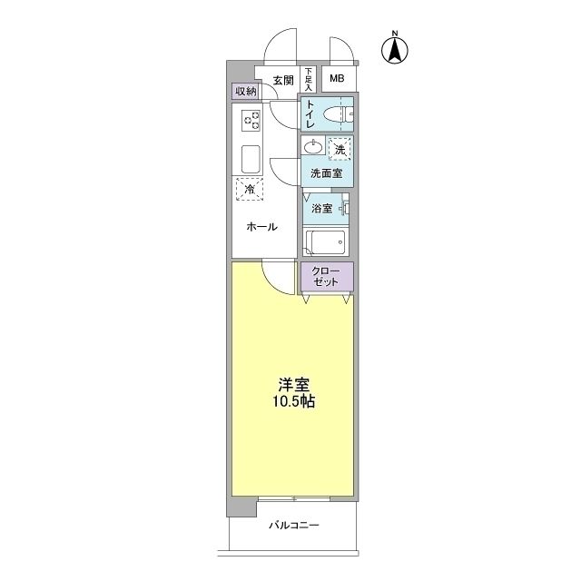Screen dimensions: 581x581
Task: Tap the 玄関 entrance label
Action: click(x=282, y=80)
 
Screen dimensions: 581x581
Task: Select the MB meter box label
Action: click(x=337, y=79)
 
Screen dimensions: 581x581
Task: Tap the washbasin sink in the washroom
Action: click(x=313, y=147)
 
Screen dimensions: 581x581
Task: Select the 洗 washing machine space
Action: click(x=340, y=148)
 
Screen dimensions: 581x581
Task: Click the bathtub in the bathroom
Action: click(x=325, y=242)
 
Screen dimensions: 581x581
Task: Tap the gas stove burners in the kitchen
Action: click(x=251, y=120)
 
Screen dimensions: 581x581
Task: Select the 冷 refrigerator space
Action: click(x=250, y=190)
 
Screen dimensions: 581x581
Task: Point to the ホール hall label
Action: click(x=262, y=227)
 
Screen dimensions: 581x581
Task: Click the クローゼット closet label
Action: click(x=326, y=276)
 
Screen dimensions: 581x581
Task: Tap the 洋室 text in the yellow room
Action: click(x=290, y=384)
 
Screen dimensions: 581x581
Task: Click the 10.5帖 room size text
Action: click(x=290, y=401)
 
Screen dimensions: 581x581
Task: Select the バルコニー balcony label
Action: click(x=293, y=526)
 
